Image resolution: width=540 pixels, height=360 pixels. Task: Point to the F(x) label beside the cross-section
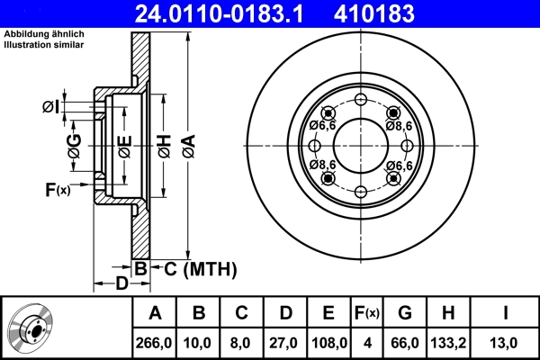coord(56,189)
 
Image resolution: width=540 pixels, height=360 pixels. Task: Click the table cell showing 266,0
coord(155,342)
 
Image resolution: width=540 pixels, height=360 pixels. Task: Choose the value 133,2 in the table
coord(449,342)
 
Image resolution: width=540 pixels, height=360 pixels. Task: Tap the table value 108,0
coord(328,342)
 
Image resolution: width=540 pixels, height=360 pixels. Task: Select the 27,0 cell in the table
coord(285,342)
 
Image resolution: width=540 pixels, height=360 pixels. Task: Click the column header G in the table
coord(405,314)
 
